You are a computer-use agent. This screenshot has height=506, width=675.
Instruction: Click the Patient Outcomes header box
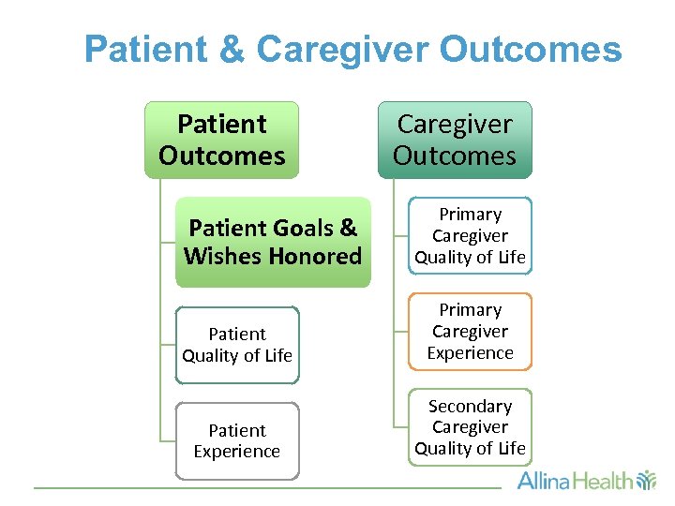(221, 140)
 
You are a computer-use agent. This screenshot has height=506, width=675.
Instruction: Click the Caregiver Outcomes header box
(455, 140)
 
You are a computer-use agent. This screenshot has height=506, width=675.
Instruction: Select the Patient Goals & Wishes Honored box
(273, 242)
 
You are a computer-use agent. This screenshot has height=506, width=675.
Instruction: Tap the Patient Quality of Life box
(237, 345)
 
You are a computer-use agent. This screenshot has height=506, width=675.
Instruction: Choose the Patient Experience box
(237, 440)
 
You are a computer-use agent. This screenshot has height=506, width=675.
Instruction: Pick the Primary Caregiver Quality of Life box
(470, 236)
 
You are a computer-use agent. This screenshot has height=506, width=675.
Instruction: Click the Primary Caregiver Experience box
(470, 332)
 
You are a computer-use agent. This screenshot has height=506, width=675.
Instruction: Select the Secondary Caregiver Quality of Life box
(470, 427)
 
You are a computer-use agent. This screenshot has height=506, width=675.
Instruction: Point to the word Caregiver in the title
(340, 50)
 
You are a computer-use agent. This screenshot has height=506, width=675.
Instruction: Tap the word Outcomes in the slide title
(531, 50)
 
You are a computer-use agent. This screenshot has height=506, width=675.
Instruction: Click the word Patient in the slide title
(150, 50)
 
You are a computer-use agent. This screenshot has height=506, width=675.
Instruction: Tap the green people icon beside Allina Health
(646, 482)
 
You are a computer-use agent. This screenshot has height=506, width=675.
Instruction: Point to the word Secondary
(470, 407)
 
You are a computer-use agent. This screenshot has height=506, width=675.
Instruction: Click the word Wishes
(222, 256)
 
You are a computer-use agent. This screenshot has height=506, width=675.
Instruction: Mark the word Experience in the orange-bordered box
(470, 353)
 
